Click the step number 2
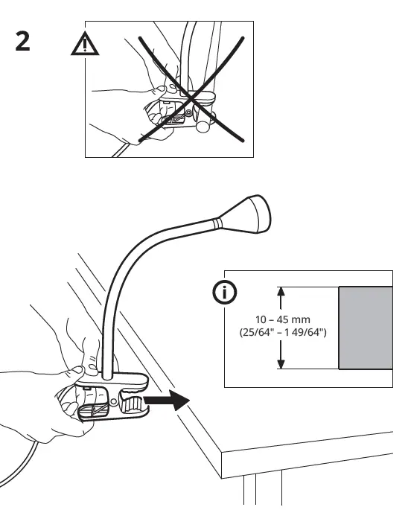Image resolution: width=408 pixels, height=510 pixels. [x=23, y=42]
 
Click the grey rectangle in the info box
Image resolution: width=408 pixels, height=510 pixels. [x=365, y=328]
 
